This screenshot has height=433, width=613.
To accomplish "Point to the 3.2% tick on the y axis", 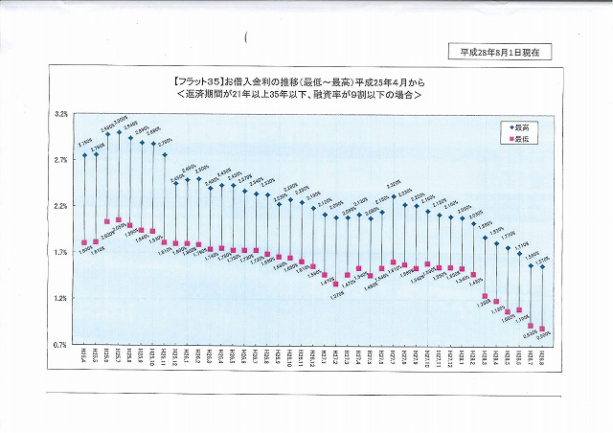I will (60, 114).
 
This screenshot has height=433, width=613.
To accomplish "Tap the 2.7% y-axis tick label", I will (60, 160).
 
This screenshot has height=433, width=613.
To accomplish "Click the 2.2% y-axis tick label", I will (60, 206).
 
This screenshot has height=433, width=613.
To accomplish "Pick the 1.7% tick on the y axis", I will (60, 252).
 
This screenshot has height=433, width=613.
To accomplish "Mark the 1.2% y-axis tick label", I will (60, 298).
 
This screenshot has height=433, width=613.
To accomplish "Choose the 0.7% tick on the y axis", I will (60, 344).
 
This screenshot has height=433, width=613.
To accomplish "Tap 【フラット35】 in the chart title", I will (198, 82).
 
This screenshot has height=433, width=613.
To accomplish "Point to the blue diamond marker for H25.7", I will (119, 132).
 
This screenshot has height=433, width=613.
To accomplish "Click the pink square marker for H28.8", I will (542, 329).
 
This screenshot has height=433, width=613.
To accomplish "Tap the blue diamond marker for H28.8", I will (542, 266).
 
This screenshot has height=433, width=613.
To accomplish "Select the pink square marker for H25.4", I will (84, 242).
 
